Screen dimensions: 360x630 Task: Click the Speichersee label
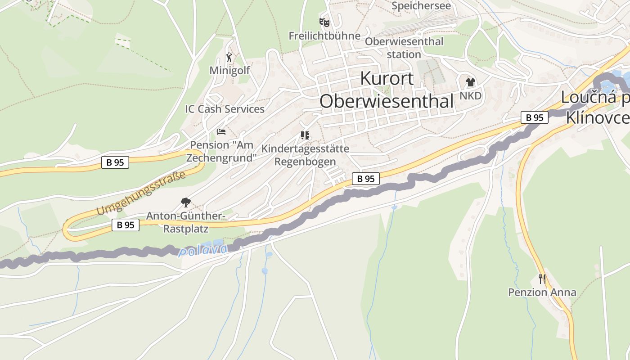coord(421,6)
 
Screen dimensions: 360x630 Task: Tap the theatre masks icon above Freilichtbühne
coord(324,22)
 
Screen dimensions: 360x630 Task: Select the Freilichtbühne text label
coord(324,36)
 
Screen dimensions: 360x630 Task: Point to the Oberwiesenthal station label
coord(404,48)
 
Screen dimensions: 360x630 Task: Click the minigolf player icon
coord(229,57)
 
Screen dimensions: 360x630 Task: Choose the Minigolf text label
coord(229,71)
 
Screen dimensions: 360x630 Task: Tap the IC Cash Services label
coord(225,109)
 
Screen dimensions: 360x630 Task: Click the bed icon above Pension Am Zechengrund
coord(221,132)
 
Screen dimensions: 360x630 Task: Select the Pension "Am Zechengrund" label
coord(221,151)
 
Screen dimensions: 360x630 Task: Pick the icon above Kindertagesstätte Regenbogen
coord(305,135)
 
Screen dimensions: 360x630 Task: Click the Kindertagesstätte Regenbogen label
coord(305,155)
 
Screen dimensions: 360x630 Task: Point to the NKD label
coord(471,96)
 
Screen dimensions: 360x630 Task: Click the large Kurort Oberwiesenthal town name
coord(387,90)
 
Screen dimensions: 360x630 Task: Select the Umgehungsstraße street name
coord(141,193)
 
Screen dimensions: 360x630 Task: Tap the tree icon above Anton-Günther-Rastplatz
coord(185,202)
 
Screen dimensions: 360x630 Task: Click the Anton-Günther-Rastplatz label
coord(185,222)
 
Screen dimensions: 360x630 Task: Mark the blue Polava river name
coord(203,250)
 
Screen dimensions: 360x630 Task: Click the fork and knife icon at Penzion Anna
coord(542,279)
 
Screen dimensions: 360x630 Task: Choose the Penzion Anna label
coord(542,292)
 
